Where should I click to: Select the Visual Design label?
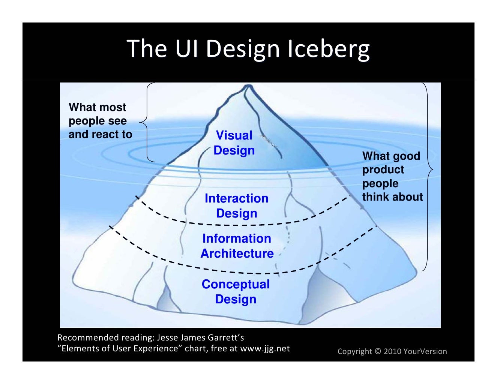(234, 143)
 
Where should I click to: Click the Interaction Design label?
(236, 205)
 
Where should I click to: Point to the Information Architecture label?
(237, 246)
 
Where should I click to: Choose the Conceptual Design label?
(236, 292)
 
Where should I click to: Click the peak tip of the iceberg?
(248, 86)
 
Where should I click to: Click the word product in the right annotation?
(383, 169)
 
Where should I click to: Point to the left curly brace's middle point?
(141, 122)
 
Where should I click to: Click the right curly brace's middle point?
(432, 170)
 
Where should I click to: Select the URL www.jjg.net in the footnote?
(265, 348)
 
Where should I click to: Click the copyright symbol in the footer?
(377, 351)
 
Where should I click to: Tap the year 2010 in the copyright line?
(392, 351)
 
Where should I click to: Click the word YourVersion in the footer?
(425, 351)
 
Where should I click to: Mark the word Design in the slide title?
(243, 49)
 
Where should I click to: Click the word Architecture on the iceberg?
(237, 253)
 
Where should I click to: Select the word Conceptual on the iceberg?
(236, 284)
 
